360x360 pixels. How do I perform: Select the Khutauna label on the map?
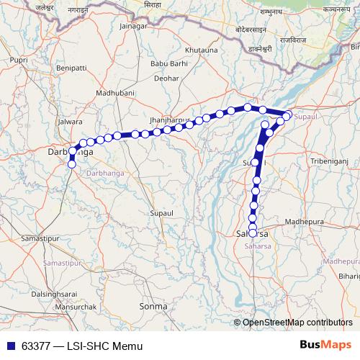point(202,50)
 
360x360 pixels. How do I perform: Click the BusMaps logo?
point(325,345)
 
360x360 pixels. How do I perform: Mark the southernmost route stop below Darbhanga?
point(71,165)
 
